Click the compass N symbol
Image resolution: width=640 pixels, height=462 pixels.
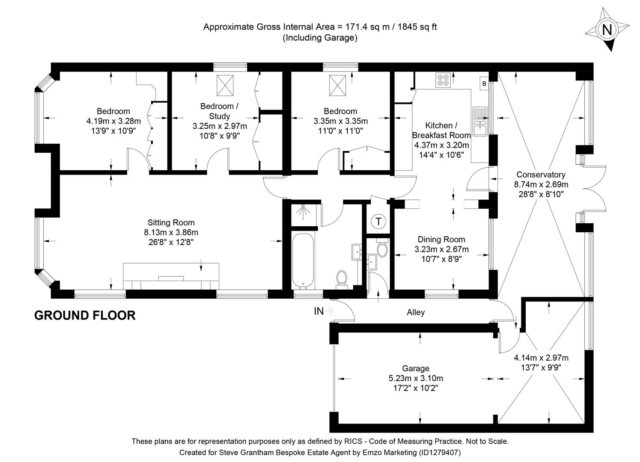click(x=607, y=30)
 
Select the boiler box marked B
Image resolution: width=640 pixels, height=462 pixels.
click(x=484, y=84)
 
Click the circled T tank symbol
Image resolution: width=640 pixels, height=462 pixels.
click(x=378, y=222)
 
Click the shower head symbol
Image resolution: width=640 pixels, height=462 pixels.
click(x=304, y=212)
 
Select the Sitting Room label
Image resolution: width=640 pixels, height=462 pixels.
click(x=171, y=222)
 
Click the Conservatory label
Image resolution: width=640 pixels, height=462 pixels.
click(x=541, y=175)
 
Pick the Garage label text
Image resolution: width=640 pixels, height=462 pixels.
click(x=415, y=368)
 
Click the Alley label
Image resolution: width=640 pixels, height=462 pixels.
click(x=416, y=312)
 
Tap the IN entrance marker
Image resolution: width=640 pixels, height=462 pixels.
click(x=319, y=311)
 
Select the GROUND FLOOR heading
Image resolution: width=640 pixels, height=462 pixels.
click(x=85, y=316)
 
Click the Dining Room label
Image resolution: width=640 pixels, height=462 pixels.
click(x=441, y=240)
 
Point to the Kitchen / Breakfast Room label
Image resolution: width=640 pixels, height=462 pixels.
click(x=441, y=130)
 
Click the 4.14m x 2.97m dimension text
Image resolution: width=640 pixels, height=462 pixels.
click(x=541, y=358)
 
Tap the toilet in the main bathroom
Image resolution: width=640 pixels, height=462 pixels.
click(x=342, y=278)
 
